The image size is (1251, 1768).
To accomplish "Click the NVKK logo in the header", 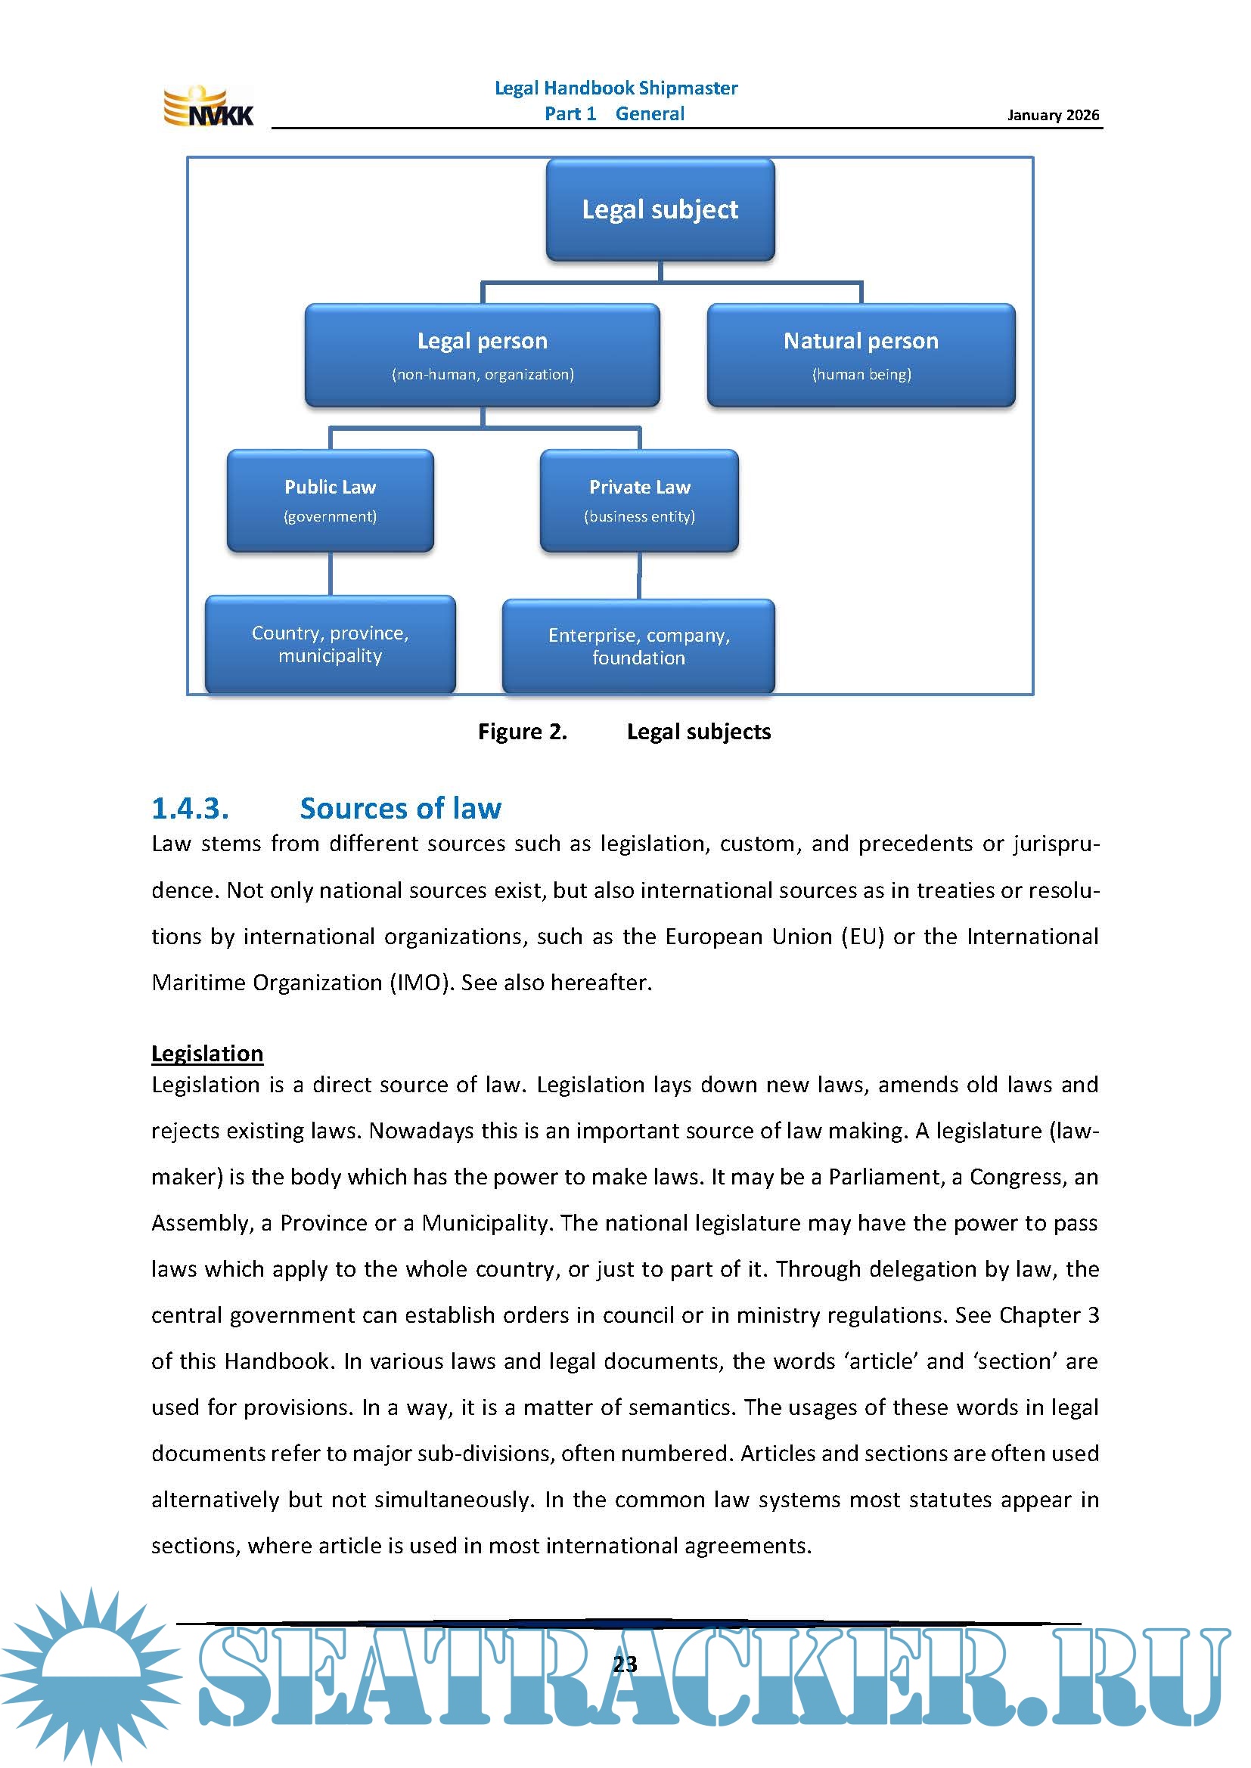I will [x=207, y=107].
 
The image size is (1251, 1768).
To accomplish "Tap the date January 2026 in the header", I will [x=1052, y=115].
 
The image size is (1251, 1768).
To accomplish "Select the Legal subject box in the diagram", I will [x=660, y=209].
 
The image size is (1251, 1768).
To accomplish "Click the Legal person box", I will [x=483, y=355].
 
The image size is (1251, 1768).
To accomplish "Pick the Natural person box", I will [x=861, y=355].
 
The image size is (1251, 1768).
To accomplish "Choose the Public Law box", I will [x=330, y=500].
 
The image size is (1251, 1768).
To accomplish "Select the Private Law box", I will [x=638, y=500].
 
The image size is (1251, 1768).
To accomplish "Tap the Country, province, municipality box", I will [x=330, y=644].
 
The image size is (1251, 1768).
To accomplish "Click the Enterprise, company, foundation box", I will [x=638, y=646].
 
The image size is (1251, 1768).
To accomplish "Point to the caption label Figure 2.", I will [x=523, y=732].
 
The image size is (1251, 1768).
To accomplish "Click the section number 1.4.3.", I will [x=191, y=809].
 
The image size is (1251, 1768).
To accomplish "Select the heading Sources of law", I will [x=401, y=809].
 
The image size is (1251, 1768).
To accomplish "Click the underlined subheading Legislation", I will [x=207, y=1054].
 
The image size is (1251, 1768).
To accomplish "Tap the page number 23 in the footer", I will [x=625, y=1664].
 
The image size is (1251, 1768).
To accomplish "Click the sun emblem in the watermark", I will [x=91, y=1671].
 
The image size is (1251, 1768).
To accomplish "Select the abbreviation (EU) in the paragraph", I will [x=862, y=937].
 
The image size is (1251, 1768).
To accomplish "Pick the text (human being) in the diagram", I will [x=861, y=374].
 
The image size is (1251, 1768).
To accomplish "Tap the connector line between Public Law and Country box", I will [x=331, y=574].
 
